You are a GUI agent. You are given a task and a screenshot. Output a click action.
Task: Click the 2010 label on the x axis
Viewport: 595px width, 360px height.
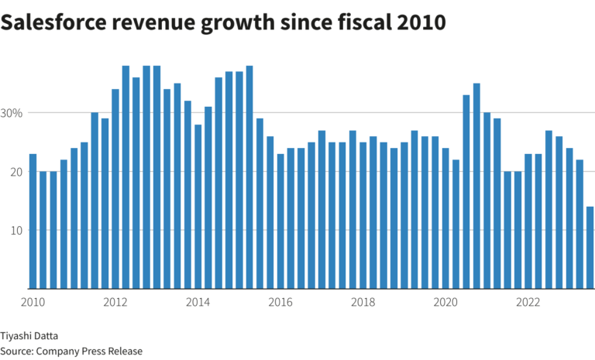33,302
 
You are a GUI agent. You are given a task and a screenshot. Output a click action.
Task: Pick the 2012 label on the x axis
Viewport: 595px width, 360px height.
115,302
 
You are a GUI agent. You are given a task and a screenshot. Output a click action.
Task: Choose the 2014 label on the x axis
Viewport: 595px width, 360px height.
198,302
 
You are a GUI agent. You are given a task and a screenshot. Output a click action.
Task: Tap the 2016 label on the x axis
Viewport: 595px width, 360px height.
280,302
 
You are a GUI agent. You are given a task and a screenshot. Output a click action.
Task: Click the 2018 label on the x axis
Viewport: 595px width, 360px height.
363,302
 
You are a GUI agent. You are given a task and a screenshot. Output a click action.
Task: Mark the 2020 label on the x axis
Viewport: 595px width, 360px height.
445,302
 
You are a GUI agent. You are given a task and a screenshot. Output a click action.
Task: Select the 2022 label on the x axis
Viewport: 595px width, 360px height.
528,302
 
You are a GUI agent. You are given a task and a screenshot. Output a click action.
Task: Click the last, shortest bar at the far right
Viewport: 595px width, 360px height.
590,248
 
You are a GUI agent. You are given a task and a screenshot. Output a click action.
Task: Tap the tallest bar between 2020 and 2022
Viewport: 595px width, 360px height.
476,186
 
